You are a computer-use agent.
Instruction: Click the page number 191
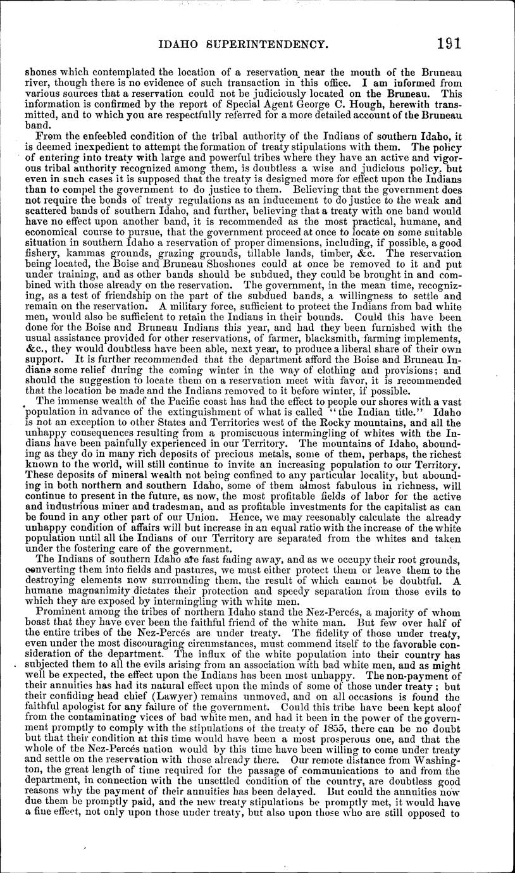tap(447, 43)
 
